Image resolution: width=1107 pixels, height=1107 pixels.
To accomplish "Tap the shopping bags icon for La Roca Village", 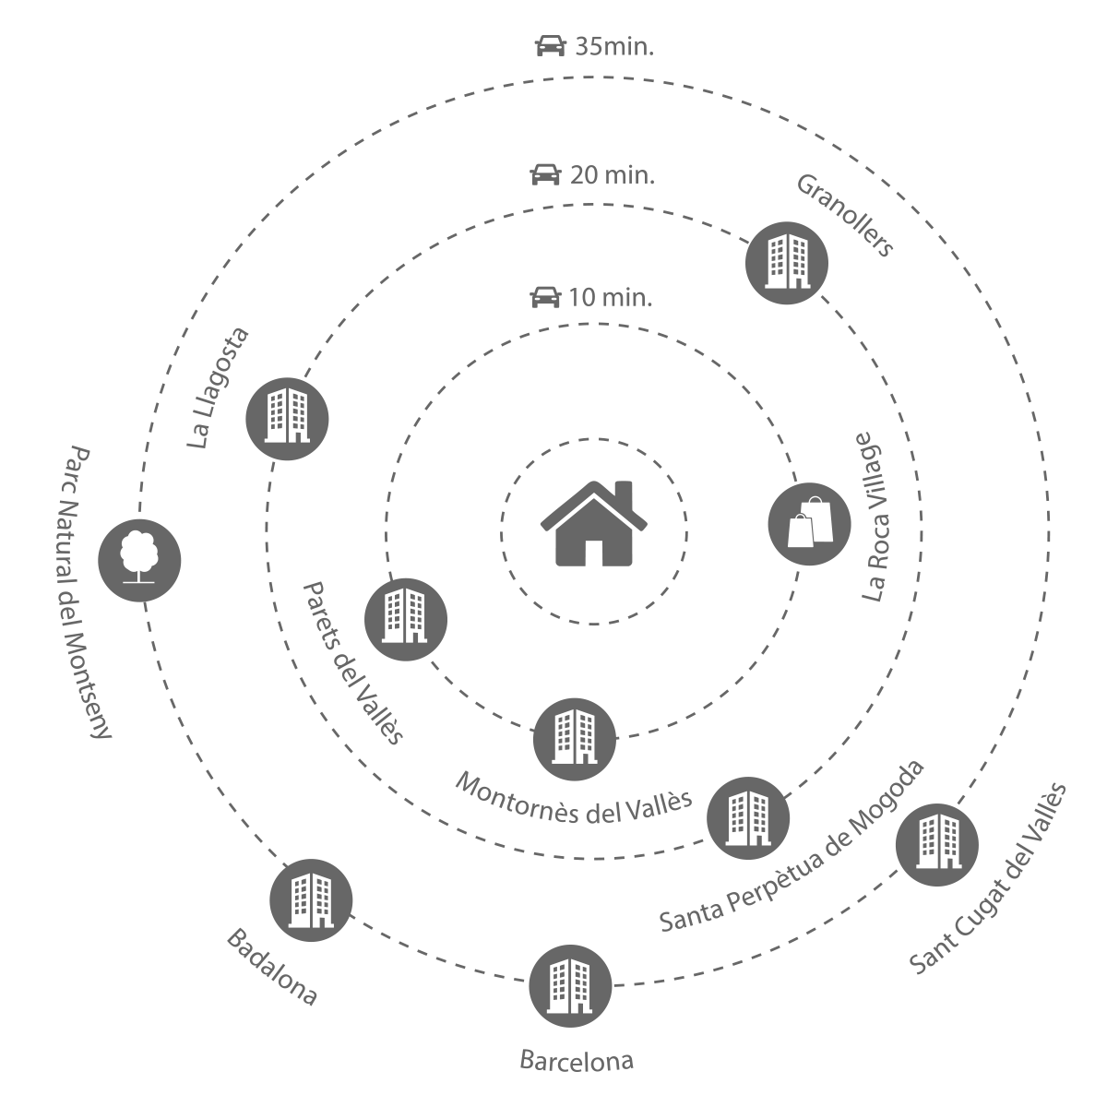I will [x=809, y=524].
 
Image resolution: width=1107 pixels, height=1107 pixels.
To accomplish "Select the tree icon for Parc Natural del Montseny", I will [x=140, y=558].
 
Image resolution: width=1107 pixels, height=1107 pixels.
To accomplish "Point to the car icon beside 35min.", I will [x=550, y=46].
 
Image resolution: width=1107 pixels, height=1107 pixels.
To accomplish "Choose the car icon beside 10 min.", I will [x=544, y=297].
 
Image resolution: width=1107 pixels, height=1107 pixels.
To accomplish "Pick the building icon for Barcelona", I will [x=570, y=986].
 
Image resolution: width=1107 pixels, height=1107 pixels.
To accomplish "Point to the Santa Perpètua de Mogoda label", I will [x=792, y=846].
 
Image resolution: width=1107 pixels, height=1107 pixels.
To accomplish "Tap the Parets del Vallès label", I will [x=353, y=662].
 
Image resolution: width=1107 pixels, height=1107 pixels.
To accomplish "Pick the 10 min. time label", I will [x=610, y=298].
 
